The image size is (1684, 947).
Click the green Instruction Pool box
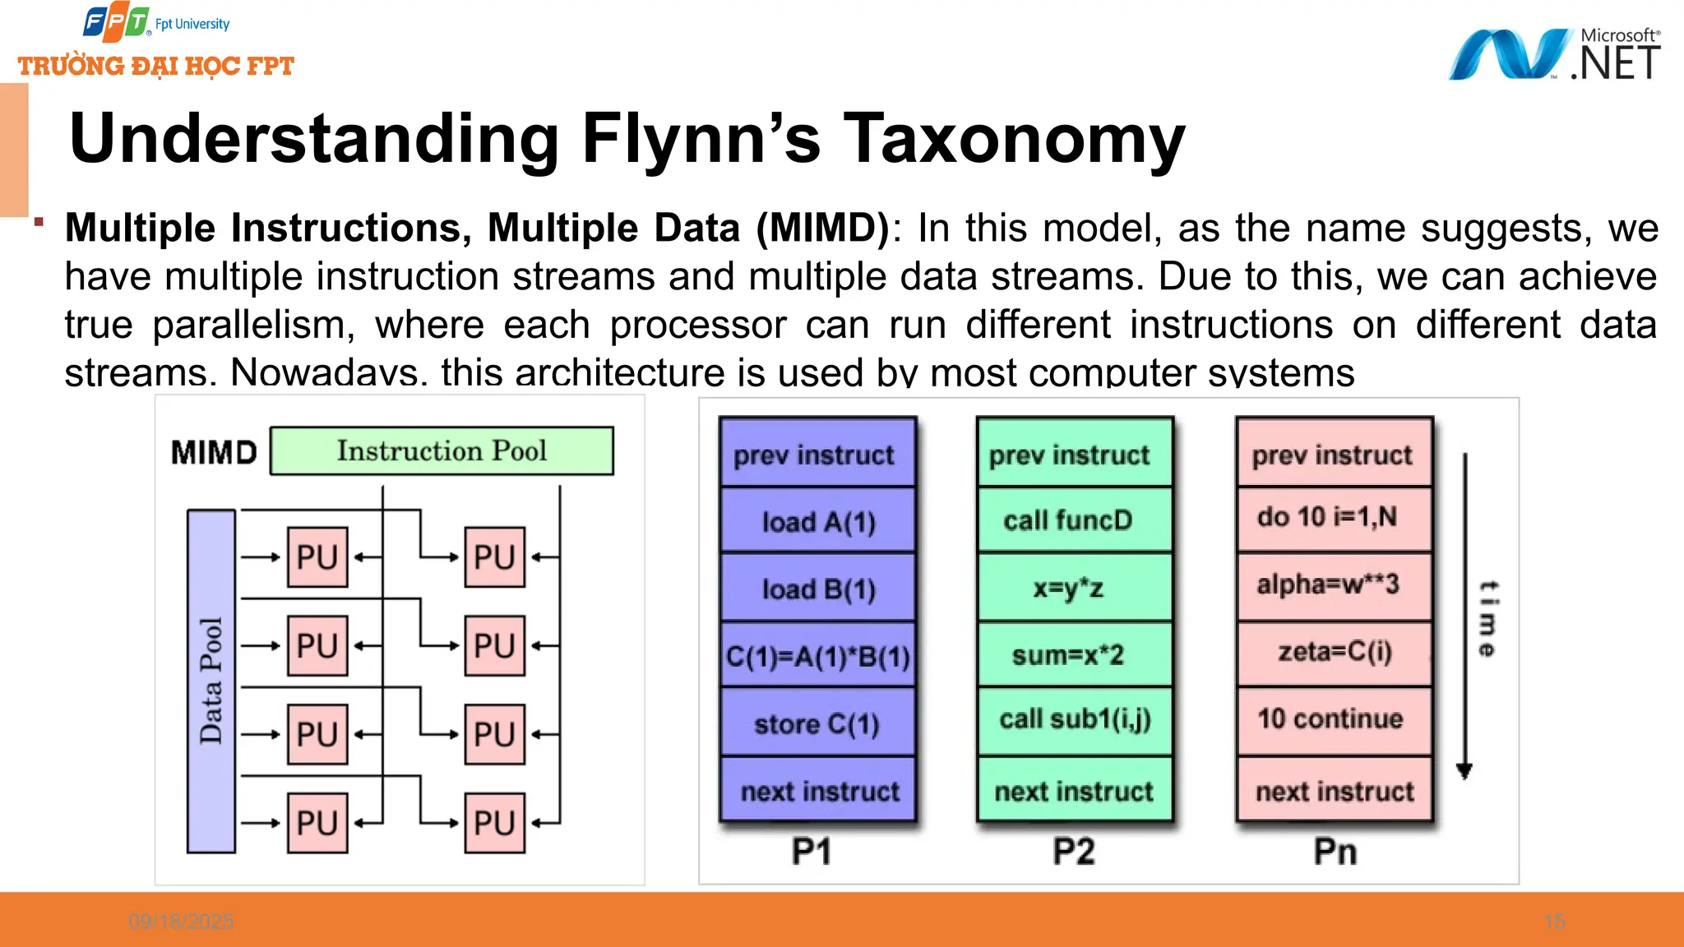coord(442,450)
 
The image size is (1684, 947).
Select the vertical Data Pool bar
coord(211,681)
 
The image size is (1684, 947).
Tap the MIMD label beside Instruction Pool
coord(214,452)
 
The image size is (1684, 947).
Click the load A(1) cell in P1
coord(817,521)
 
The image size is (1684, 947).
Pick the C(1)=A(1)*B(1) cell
coord(817,656)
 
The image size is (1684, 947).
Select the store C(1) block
coord(817,723)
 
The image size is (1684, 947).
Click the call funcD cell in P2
coord(1074,520)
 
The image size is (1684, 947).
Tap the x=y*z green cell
coord(1074,588)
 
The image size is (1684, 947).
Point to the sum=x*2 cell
coord(1074,655)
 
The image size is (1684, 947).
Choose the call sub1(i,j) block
coord(1074,719)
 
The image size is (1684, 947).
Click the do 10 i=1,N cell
coord(1333,517)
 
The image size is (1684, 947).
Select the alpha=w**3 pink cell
coord(1333,584)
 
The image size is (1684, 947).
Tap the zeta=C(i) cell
coord(1333,652)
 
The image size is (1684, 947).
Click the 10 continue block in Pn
coord(1333,719)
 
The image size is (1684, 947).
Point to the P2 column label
coord(1074,852)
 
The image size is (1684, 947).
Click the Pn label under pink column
coord(1335,852)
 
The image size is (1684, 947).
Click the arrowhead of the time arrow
coord(1464,771)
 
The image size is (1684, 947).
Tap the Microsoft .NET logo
coord(1554,55)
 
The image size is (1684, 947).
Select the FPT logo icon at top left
coord(116,23)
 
